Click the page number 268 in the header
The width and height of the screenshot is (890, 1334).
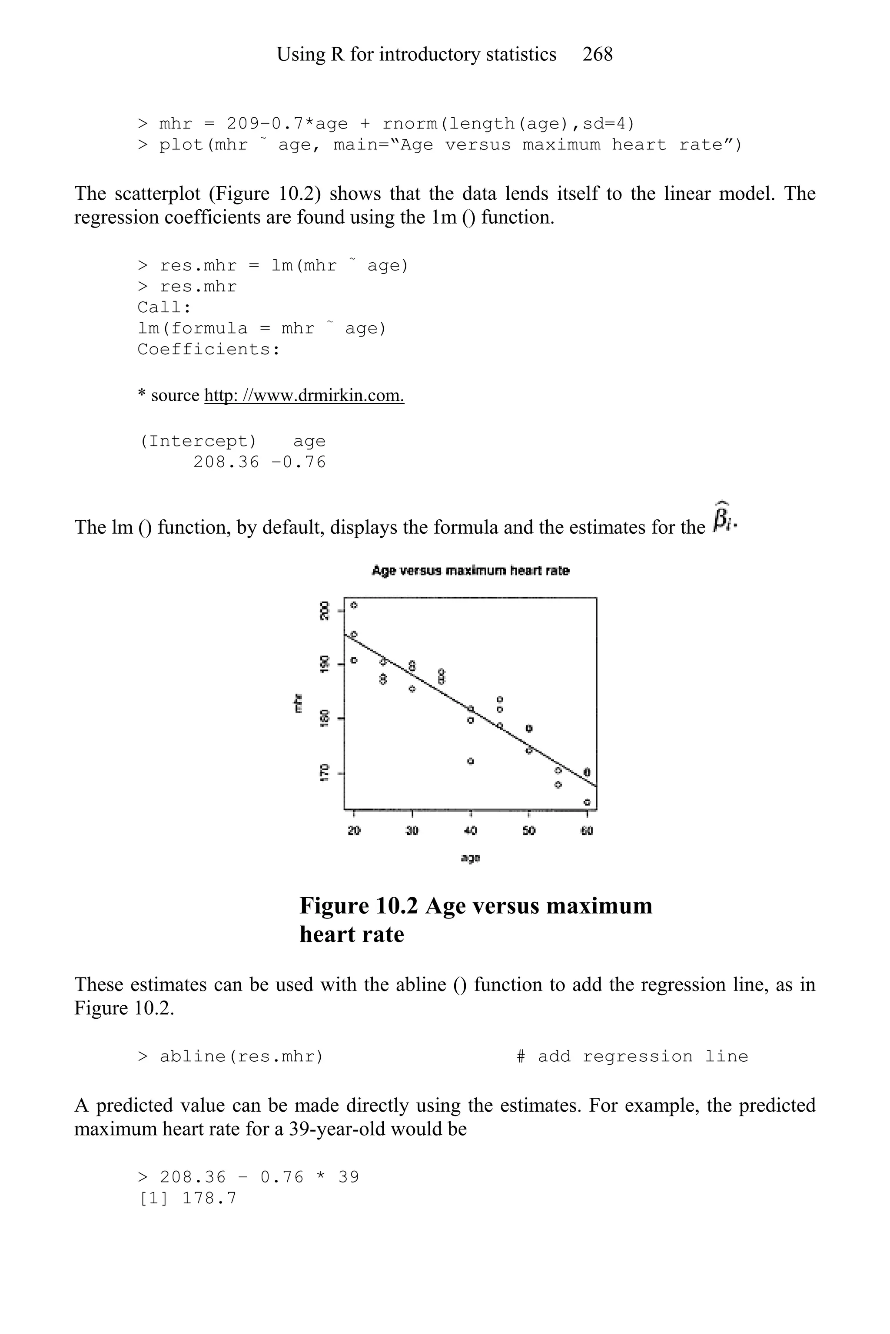[x=597, y=54]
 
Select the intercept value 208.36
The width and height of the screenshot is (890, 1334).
[x=226, y=462]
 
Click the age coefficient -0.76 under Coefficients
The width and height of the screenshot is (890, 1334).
[x=299, y=462]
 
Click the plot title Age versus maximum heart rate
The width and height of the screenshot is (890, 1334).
[x=470, y=571]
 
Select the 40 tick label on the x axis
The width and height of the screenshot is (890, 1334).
[x=470, y=831]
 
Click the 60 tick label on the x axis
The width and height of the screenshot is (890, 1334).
[x=587, y=831]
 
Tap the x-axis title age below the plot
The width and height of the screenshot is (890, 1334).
[x=470, y=858]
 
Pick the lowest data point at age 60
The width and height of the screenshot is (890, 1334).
[x=587, y=802]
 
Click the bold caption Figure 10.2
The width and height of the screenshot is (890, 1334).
[x=359, y=906]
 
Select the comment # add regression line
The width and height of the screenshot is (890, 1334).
[x=632, y=1057]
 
